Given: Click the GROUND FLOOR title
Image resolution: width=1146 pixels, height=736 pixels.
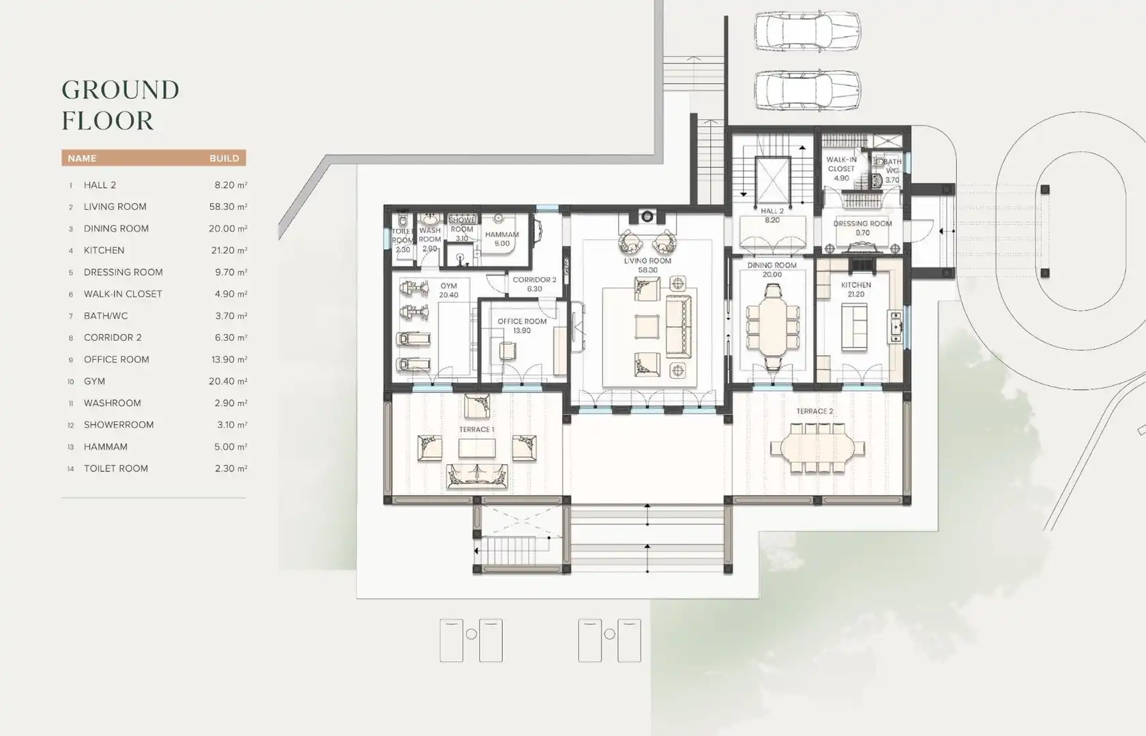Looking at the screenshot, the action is click(120, 105).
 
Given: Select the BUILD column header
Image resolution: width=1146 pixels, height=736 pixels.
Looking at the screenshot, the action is click(224, 158).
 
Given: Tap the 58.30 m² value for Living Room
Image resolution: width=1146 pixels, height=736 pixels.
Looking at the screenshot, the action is click(228, 206).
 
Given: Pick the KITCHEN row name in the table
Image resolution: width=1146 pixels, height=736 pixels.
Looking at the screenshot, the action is click(104, 251).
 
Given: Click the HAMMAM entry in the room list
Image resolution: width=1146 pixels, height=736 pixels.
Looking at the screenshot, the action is click(105, 447).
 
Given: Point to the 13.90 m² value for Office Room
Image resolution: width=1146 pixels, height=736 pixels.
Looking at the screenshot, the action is click(229, 359).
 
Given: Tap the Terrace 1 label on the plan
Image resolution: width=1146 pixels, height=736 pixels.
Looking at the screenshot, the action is click(476, 429).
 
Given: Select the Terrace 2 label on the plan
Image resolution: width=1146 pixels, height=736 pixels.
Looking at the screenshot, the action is click(814, 411).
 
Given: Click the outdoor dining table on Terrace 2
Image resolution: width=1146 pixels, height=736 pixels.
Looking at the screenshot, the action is click(817, 447).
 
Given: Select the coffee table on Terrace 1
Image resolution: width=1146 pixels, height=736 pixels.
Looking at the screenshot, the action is click(477, 448).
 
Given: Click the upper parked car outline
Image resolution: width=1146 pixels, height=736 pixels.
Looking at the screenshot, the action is click(808, 31).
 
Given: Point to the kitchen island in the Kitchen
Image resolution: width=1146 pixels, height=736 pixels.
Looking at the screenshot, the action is click(854, 327).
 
